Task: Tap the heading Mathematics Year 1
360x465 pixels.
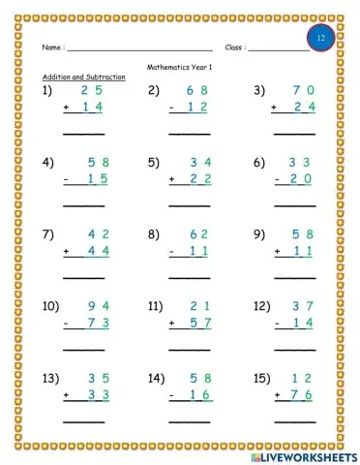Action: [x=181, y=67]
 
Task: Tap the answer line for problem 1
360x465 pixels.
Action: [x=84, y=133]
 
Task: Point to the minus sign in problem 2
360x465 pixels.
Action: [x=171, y=107]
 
